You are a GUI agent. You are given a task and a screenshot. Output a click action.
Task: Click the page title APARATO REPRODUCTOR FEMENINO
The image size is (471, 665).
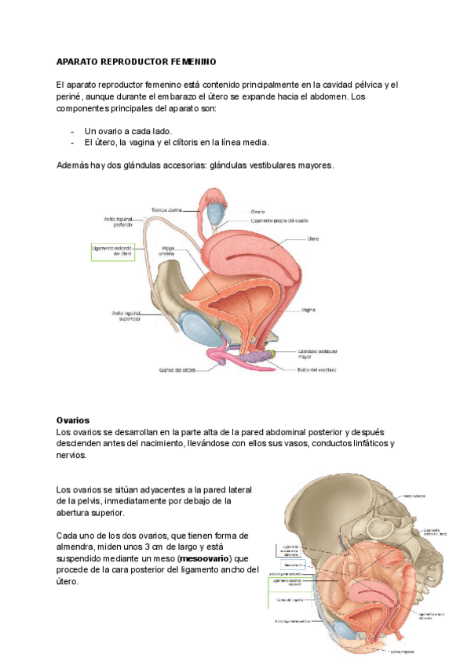point(136,61)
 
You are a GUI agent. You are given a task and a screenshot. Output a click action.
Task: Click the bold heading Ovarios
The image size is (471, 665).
point(73,420)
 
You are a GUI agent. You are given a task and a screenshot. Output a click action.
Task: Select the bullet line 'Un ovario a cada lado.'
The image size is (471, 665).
point(128,131)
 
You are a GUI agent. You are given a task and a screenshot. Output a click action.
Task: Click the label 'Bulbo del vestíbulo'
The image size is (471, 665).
point(317,369)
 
